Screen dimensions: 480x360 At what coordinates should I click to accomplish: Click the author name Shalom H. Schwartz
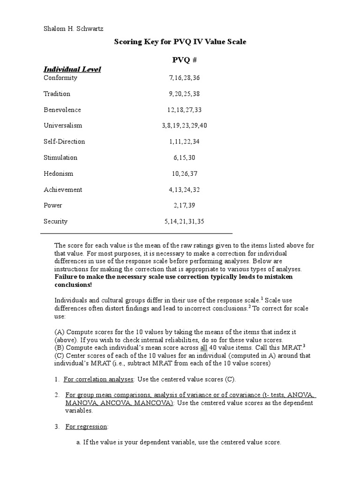(74, 29)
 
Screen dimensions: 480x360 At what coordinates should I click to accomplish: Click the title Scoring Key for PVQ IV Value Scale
(180, 42)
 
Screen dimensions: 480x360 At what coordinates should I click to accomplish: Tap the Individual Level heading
(72, 69)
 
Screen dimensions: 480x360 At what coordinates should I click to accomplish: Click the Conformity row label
(60, 78)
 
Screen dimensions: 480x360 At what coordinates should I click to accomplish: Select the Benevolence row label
(62, 110)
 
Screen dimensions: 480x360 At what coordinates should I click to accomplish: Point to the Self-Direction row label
(64, 142)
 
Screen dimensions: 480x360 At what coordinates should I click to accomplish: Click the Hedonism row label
(59, 173)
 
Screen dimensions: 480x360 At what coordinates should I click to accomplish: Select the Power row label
(53, 205)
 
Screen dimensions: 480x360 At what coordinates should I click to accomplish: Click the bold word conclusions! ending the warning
(74, 285)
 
